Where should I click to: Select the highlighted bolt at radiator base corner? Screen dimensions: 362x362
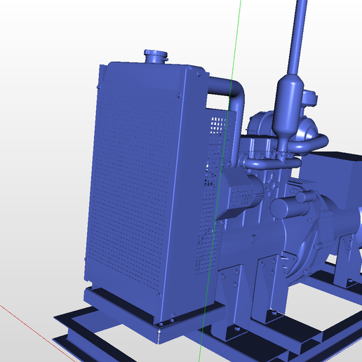[159, 325]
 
